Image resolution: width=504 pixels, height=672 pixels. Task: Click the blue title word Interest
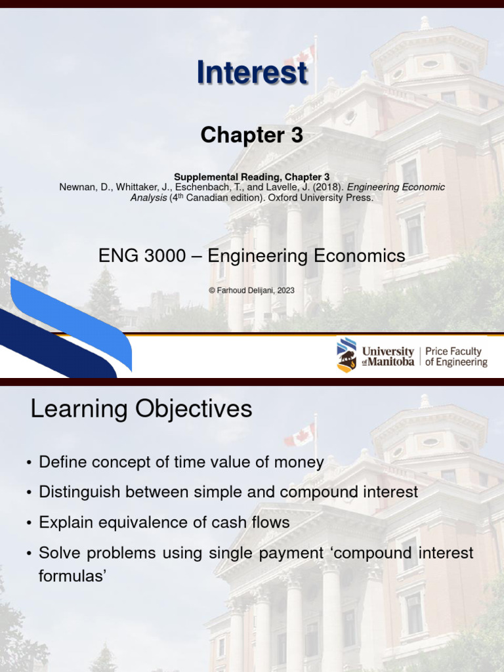(252, 72)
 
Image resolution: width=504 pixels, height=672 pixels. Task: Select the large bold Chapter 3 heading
(252, 135)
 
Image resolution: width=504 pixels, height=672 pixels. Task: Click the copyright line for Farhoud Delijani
(252, 290)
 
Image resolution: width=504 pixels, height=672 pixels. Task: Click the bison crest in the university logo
(346, 355)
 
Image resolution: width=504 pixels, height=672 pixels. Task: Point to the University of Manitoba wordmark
(388, 357)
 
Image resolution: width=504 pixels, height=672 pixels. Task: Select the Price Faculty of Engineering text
(456, 357)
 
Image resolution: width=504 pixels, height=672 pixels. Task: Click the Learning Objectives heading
(141, 409)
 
